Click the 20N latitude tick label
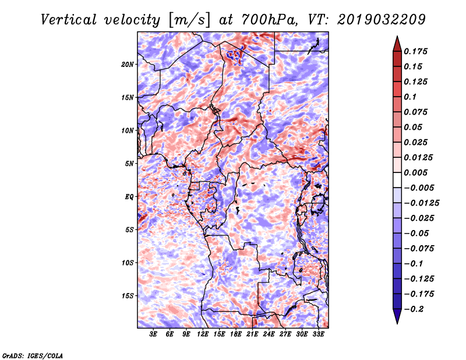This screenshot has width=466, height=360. (128, 64)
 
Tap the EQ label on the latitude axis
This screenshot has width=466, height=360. (129, 196)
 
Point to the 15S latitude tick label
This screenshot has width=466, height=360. (128, 295)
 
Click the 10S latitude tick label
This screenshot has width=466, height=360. (128, 262)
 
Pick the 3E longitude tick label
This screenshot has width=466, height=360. (154, 334)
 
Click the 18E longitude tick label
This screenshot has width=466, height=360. (236, 334)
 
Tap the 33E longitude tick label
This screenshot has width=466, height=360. (318, 334)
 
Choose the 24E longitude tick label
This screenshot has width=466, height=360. (269, 334)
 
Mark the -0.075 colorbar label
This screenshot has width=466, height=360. (422, 248)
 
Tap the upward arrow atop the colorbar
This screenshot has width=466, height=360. (397, 43)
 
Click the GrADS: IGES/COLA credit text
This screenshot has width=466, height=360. (32, 355)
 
